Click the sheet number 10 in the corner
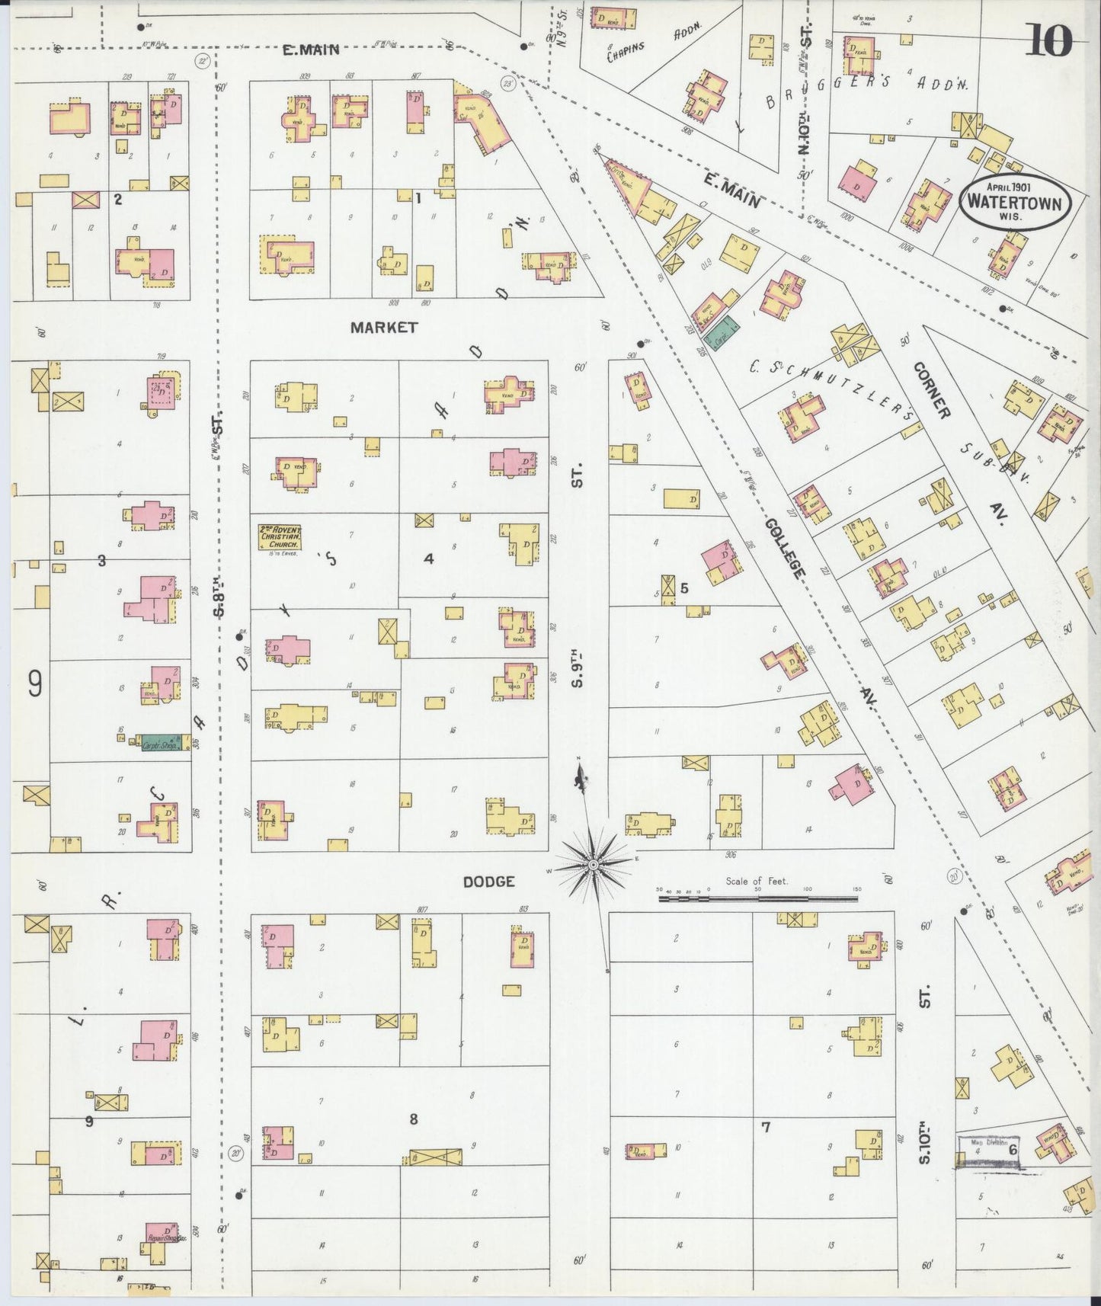click(x=1050, y=40)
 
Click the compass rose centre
click(x=593, y=866)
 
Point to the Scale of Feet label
click(x=756, y=881)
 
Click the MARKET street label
click(x=384, y=328)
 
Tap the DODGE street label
click(x=489, y=882)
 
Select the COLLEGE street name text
click(x=786, y=549)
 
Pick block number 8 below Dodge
click(x=414, y=1119)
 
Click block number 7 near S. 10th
click(x=765, y=1126)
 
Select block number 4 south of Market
click(x=429, y=559)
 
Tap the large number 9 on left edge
click(x=35, y=683)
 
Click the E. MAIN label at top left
click(x=310, y=50)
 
